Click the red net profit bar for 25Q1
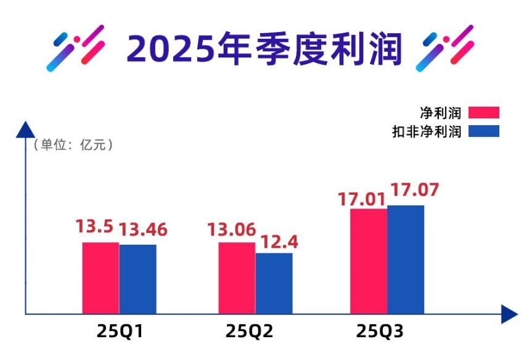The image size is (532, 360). pyautogui.click(x=100, y=278)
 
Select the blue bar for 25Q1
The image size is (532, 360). pyautogui.click(x=137, y=279)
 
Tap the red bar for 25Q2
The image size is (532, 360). pyautogui.click(x=237, y=278)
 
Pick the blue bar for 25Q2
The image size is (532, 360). pyautogui.click(x=274, y=283)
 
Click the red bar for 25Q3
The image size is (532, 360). pyautogui.click(x=369, y=261)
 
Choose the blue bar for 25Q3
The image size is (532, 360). pyautogui.click(x=406, y=260)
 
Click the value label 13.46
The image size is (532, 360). pyautogui.click(x=142, y=229)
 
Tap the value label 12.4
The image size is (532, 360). pyautogui.click(x=279, y=241)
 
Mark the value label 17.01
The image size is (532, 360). pyautogui.click(x=361, y=199)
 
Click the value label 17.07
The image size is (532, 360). pyautogui.click(x=414, y=189)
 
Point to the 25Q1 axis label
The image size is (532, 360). pyautogui.click(x=120, y=332)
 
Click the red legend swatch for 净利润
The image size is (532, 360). pyautogui.click(x=483, y=112)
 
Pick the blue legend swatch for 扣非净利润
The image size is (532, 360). pyautogui.click(x=483, y=131)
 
